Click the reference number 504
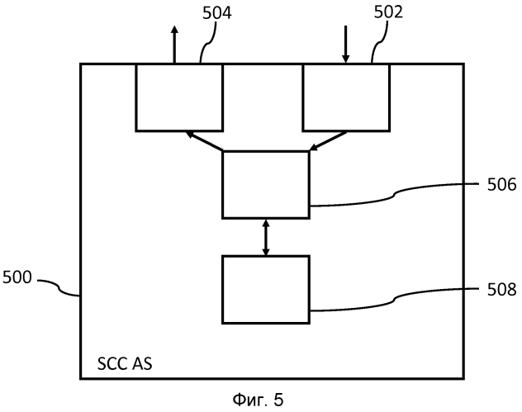click(217, 13)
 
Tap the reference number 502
click(388, 12)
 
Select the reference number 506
click(501, 184)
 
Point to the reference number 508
click(501, 289)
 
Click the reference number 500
click(17, 277)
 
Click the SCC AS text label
click(125, 364)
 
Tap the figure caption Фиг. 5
click(258, 400)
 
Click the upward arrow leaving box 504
click(174, 45)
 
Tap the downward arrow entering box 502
click(346, 45)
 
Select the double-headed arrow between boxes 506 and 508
click(266, 237)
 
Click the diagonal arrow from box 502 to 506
click(328, 141)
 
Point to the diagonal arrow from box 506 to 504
click(204, 141)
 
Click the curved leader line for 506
click(395, 195)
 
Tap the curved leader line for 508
click(395, 300)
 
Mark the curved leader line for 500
click(59, 288)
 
